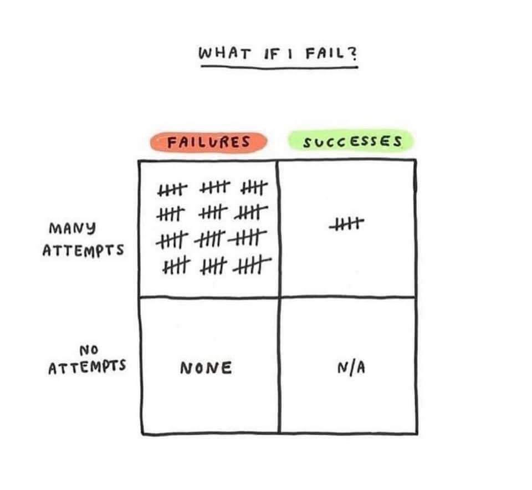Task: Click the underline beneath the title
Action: point(279,67)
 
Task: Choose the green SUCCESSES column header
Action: point(351,142)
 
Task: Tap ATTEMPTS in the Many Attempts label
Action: point(83,249)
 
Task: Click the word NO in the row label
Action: point(88,350)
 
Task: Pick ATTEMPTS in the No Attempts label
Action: point(86,366)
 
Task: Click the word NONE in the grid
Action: point(206,367)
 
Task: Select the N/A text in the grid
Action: point(350,367)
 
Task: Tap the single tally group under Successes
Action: point(346,224)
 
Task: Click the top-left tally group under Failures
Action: point(173,190)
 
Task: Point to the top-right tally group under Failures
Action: point(255,189)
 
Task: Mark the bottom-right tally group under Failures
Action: point(253,268)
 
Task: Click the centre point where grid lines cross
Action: point(278,297)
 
